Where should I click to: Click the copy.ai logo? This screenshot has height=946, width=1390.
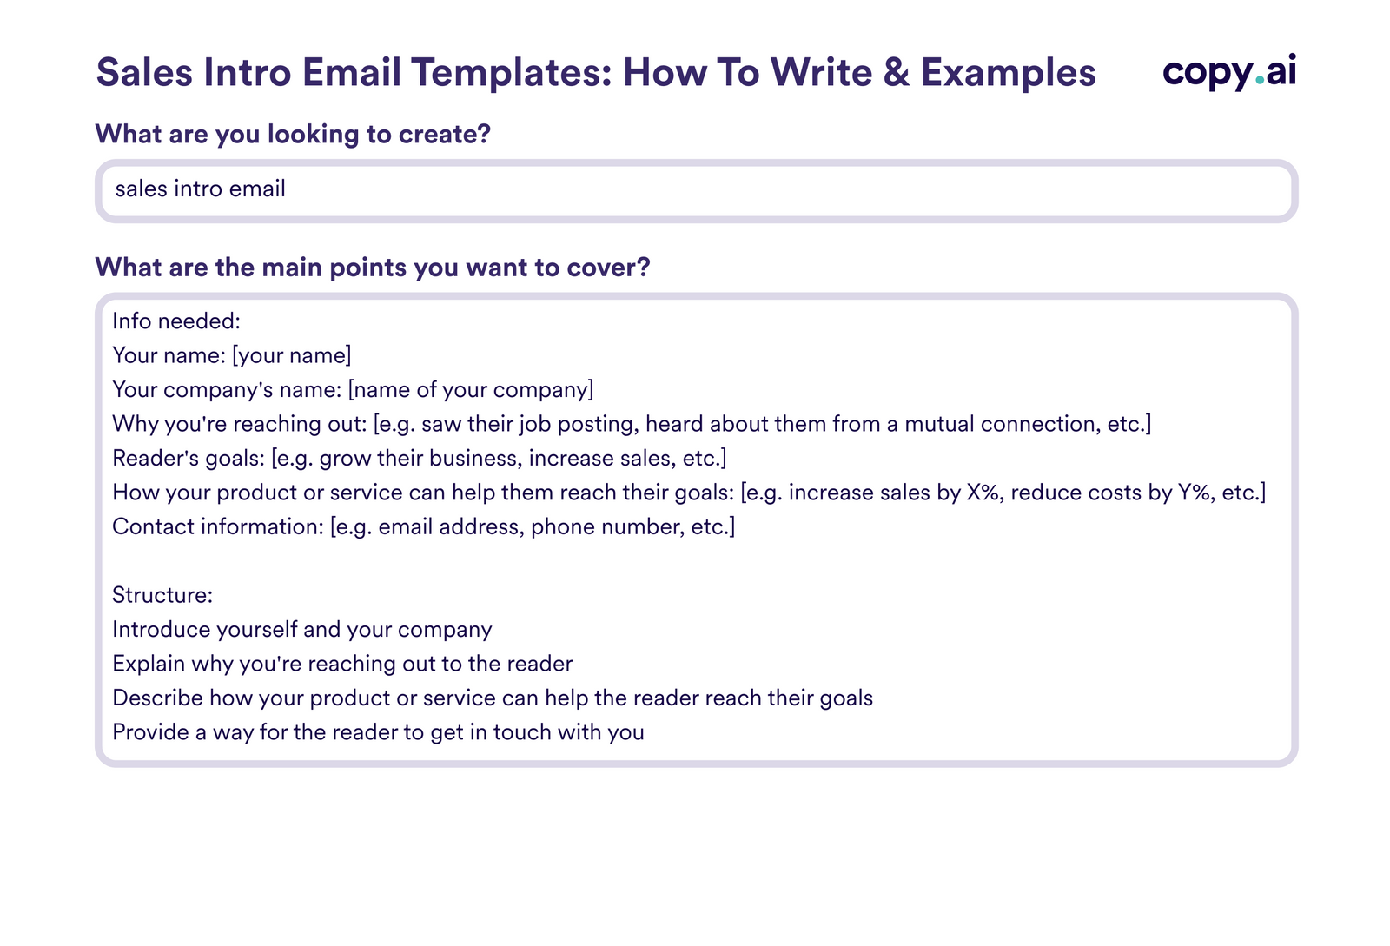[x=1228, y=72]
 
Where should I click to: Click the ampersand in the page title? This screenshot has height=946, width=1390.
[x=896, y=72]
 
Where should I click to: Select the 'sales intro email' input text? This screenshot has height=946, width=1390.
[x=200, y=189]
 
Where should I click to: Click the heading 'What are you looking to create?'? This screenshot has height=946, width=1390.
[x=293, y=134]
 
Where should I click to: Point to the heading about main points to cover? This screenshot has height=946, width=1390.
[x=372, y=267]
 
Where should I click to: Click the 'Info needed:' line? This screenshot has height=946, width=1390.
[x=176, y=321]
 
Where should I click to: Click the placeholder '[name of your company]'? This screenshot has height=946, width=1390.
[x=470, y=389]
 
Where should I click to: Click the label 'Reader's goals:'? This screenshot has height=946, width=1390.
[x=188, y=458]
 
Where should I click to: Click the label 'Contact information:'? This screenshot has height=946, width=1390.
[x=217, y=526]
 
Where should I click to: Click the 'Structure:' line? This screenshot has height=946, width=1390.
[x=162, y=595]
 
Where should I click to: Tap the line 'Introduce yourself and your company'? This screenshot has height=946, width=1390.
[x=301, y=629]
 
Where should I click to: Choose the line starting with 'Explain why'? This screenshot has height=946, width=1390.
[x=342, y=664]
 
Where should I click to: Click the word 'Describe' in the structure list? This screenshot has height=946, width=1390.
[x=157, y=698]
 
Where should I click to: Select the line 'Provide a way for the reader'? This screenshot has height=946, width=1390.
[x=378, y=732]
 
